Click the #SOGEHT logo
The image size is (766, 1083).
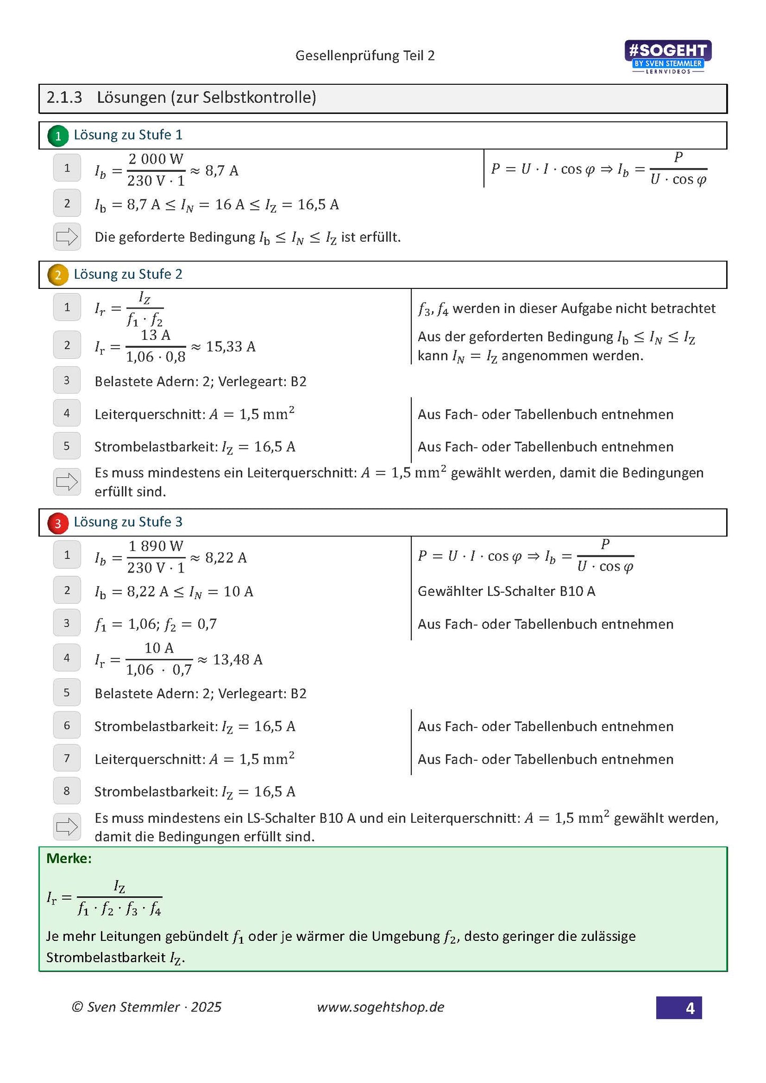pos(667,56)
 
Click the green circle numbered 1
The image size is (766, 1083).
pos(58,136)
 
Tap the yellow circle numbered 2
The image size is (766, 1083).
pos(58,275)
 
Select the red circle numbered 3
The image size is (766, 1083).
pos(58,523)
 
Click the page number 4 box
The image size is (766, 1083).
pos(679,1007)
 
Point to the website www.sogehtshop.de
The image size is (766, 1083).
pos(380,1007)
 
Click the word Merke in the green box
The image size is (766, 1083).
pos(69,858)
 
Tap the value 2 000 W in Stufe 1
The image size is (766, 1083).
pos(156,159)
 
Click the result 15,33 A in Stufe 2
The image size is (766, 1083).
pos(231,347)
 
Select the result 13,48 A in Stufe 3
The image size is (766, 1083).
pos(237,659)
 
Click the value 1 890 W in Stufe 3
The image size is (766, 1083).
pos(156,545)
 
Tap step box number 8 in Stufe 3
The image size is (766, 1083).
pos(67,791)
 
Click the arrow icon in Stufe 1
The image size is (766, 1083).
pos(67,236)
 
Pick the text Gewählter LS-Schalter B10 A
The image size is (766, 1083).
pos(506,591)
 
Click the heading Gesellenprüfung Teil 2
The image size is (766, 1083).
pos(365,56)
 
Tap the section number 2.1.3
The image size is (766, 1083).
pos(64,98)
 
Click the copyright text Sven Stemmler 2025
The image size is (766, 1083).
pos(147,1007)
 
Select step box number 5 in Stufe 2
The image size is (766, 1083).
pos(67,446)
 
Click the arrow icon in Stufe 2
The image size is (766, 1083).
pos(67,481)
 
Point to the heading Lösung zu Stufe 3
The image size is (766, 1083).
pos(128,522)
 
